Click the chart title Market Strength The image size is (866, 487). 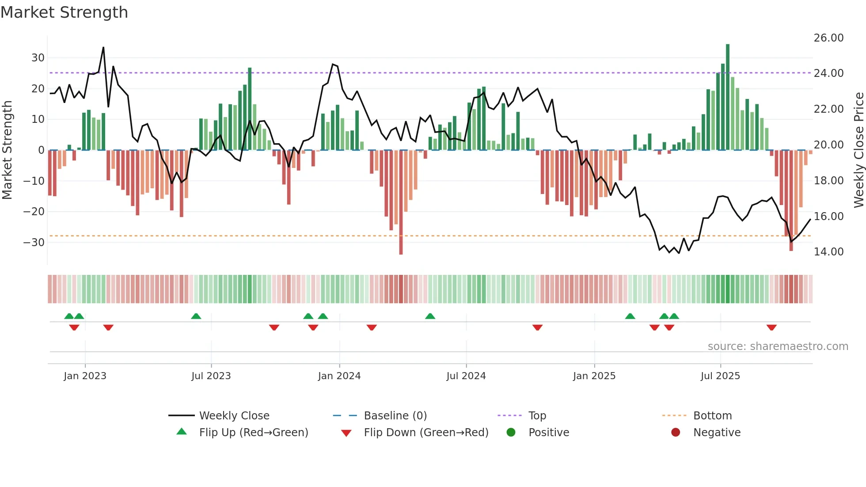(x=64, y=12)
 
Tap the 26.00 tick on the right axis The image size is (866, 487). (x=828, y=38)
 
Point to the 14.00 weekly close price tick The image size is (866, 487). (x=828, y=252)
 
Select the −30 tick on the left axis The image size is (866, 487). (x=34, y=243)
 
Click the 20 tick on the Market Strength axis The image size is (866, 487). (x=38, y=89)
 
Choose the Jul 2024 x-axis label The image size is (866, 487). (x=466, y=376)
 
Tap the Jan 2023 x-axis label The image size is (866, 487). (x=85, y=376)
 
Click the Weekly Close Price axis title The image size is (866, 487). (x=858, y=150)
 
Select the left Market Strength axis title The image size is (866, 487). (x=7, y=150)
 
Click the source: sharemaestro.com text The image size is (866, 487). (x=778, y=346)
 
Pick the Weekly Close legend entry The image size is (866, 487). (x=234, y=416)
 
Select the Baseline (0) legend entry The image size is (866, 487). (x=395, y=416)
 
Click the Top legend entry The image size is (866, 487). (x=537, y=416)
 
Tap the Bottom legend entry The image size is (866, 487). (x=712, y=416)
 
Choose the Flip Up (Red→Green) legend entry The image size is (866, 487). (x=253, y=433)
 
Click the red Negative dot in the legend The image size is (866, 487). (x=676, y=433)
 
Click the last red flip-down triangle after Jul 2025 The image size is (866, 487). (x=771, y=327)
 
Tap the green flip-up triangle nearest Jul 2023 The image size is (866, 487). (x=196, y=316)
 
